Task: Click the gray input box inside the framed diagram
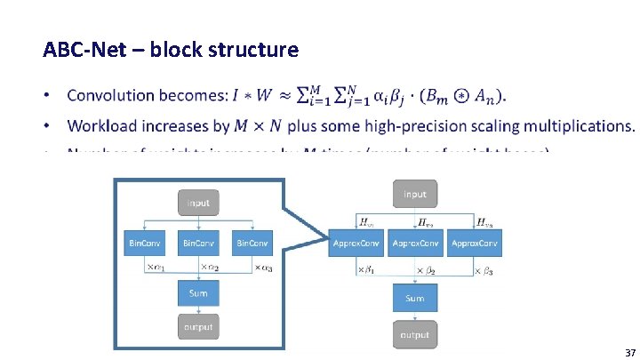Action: coord(198,203)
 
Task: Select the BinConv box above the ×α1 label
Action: coord(146,243)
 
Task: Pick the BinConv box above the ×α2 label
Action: coord(198,243)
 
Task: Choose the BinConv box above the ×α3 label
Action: coord(252,243)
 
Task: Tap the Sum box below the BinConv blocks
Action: coord(198,292)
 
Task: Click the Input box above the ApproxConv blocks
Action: coord(414,195)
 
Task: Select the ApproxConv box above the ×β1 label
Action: coord(356,243)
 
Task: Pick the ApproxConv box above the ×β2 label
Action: coord(415,243)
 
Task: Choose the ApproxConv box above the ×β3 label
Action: coord(475,243)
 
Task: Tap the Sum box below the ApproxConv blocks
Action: coord(414,298)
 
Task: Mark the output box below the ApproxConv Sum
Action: coord(414,334)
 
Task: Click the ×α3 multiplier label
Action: coord(264,267)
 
